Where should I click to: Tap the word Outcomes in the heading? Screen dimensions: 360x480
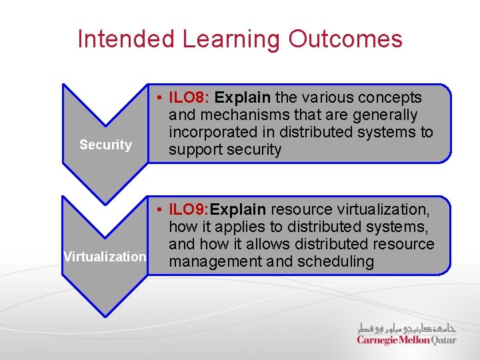(345, 39)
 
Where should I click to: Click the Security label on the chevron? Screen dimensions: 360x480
(105, 145)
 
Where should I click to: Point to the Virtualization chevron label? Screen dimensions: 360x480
(105, 257)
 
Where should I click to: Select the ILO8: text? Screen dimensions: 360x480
(189, 98)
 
